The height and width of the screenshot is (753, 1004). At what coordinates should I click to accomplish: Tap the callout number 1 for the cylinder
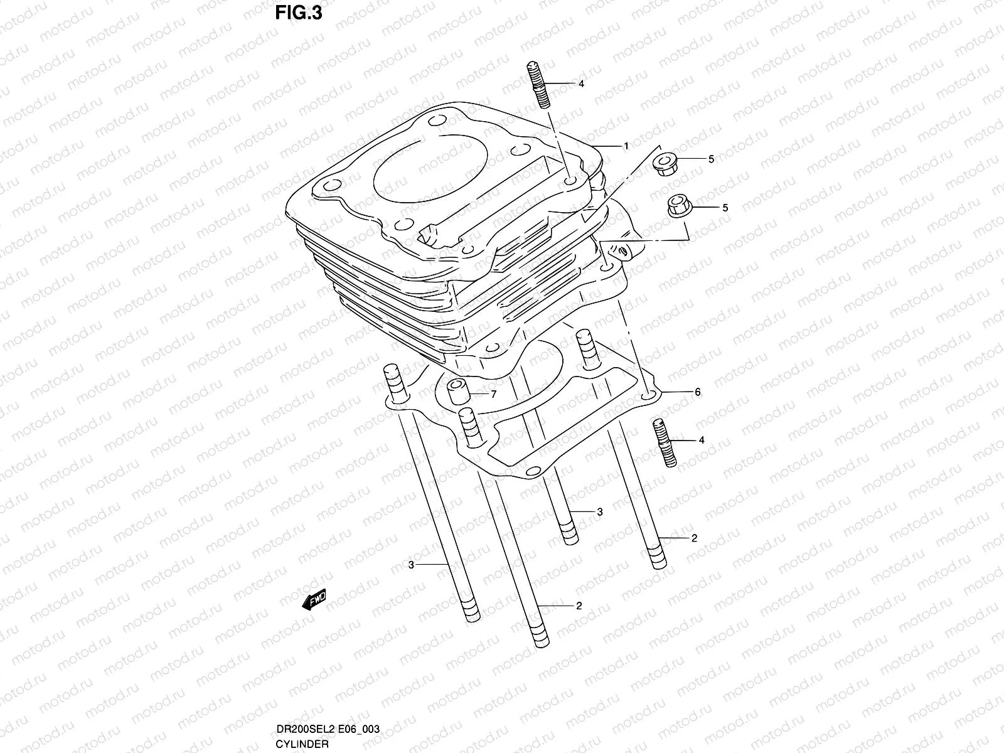click(626, 146)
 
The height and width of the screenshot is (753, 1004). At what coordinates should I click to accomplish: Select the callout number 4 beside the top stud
click(581, 83)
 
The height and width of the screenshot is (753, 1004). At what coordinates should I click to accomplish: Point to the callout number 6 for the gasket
click(697, 392)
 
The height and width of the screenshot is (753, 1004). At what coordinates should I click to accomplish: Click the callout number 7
click(493, 395)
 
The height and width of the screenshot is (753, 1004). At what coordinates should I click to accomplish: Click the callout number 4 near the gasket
click(702, 441)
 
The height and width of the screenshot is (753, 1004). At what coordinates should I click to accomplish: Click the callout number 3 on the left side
click(411, 565)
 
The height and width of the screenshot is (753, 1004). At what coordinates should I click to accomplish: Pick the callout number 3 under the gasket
click(599, 512)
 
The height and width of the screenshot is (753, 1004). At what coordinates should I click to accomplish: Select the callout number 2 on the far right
click(694, 538)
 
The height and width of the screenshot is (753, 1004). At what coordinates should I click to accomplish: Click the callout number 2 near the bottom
click(579, 606)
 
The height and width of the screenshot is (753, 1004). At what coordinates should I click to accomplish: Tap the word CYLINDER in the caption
click(302, 744)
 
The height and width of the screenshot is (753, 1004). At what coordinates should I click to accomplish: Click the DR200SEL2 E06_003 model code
click(327, 729)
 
